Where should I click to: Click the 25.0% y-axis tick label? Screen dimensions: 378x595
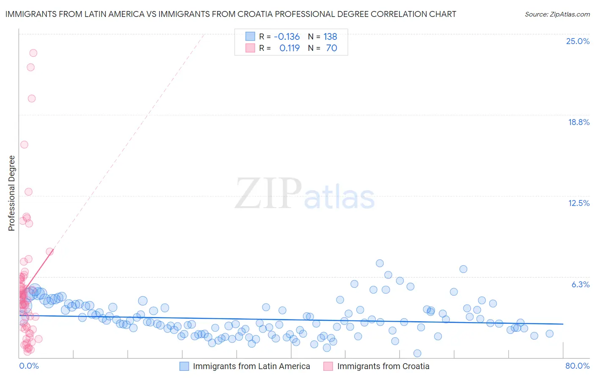coord(577,41)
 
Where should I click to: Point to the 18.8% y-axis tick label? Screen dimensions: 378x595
coord(578,122)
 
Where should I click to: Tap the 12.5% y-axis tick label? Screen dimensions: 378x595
coord(578,203)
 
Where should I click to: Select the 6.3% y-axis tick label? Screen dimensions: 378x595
coord(580,284)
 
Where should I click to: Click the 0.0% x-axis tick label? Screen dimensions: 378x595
coord(29,366)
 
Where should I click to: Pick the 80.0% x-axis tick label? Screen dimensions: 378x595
coord(577,366)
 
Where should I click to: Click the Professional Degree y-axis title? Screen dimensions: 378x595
coord(11,193)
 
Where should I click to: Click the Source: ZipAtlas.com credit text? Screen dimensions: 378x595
coord(557,14)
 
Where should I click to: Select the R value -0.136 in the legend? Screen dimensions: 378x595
coord(286,36)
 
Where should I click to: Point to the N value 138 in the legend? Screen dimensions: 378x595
coord(330,36)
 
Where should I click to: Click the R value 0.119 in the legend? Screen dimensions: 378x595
coord(289,48)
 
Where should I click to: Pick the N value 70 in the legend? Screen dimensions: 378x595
coord(331,48)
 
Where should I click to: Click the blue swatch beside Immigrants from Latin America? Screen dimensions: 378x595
coord(184,366)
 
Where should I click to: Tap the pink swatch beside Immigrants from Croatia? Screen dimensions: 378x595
coord(328,366)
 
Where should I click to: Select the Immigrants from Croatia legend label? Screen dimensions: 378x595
coord(383,366)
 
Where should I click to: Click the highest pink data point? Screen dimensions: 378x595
coord(33,53)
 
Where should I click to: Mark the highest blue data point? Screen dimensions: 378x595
coord(380,263)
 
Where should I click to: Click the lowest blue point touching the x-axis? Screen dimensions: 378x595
coord(417,353)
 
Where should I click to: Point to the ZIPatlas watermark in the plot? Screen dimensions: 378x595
coord(305,194)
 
